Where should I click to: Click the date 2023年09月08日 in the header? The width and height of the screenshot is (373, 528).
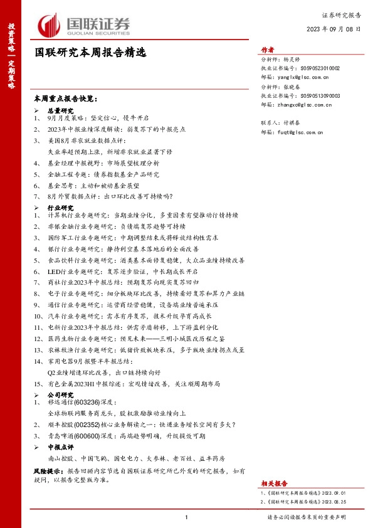click(334, 28)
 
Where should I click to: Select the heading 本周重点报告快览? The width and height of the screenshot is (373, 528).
click(66, 99)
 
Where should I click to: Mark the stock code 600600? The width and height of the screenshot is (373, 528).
click(87, 435)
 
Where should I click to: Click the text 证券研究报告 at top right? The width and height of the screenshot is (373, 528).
click(342, 14)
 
